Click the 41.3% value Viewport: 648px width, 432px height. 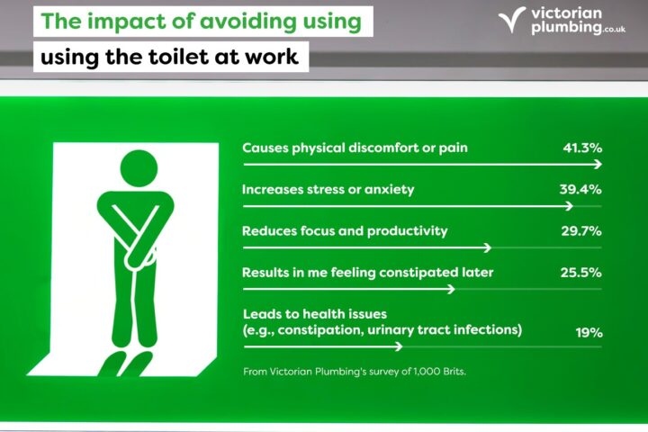(x=582, y=148)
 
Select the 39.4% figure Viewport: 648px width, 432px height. (x=580, y=189)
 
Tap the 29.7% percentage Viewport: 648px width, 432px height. (x=581, y=230)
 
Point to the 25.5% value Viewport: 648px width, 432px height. (x=580, y=273)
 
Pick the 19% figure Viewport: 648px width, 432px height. (x=589, y=332)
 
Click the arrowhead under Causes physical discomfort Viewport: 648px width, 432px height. (x=598, y=165)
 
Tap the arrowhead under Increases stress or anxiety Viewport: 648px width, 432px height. (x=570, y=206)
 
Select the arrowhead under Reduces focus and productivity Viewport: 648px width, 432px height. (x=488, y=247)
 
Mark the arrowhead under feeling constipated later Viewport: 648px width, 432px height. (x=451, y=289)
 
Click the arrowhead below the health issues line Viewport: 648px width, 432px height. (x=399, y=346)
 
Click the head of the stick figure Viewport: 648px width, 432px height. (x=139, y=168)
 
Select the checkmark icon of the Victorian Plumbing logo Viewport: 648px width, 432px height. (x=511, y=20)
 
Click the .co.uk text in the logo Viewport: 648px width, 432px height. (x=613, y=30)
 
